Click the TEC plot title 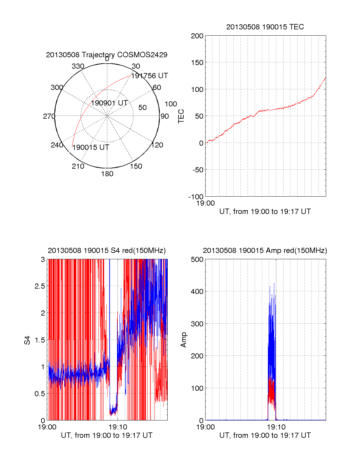coord(265,27)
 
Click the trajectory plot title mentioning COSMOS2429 coord(106,55)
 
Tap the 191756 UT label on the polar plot coord(149,76)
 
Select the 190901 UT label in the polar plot coord(109,103)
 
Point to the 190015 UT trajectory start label coord(91,147)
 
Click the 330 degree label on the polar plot coord(78,66)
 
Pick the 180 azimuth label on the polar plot coord(107,174)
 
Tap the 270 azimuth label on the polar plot coord(49,116)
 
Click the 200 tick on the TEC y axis coord(197,36)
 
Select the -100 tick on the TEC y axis coord(196,197)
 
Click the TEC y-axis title coord(181,116)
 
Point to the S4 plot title coord(106,251)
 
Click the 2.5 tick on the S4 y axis coord(40,286)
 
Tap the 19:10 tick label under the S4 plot coord(118,427)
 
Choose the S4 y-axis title coord(27,340)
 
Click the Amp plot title coord(265,251)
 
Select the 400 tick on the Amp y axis coord(197,291)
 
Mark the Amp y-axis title coord(184,340)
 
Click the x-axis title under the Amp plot coord(265,435)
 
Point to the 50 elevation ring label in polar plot coord(142,108)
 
